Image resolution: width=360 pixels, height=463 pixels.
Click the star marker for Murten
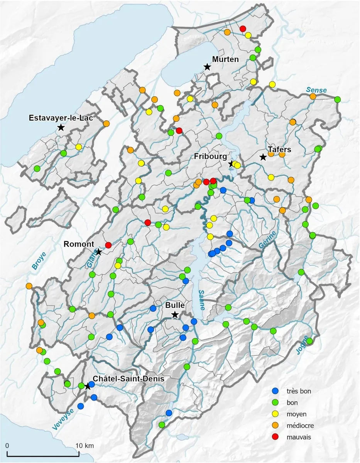pos(207,67)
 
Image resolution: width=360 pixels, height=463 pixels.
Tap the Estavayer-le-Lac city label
pos(61,118)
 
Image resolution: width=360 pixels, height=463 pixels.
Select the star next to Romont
pos(98,252)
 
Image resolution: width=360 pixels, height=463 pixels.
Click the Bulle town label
pos(175,305)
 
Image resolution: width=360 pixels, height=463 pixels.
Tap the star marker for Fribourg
pos(231,164)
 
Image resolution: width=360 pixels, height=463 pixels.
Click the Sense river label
pos(316,90)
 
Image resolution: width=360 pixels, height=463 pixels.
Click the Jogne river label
pos(303,345)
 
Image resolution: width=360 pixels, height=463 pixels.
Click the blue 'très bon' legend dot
pos(275,391)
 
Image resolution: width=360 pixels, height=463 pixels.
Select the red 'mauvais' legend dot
pos(275,437)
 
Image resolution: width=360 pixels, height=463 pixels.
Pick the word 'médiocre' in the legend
pos(300,426)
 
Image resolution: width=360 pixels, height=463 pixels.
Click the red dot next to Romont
pos(108,245)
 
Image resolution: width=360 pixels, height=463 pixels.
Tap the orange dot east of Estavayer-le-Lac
pos(106,124)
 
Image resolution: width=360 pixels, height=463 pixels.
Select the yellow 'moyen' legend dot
pos(275,414)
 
